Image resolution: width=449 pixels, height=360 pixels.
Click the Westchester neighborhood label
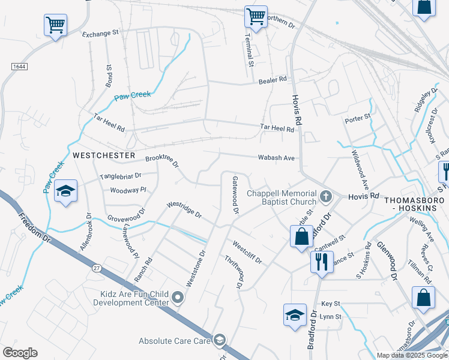coord(104,155)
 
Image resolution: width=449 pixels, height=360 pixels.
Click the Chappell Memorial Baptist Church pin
coord(325,196)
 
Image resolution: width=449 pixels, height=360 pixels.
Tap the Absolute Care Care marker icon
coord(219,341)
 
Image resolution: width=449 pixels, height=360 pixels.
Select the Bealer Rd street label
coord(273,80)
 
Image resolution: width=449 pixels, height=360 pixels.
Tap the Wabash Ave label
coord(276,158)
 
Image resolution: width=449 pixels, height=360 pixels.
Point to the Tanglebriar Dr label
coord(120,176)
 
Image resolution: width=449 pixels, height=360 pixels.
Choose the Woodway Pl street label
coord(128,190)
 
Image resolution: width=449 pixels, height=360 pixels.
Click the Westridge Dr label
coord(184,209)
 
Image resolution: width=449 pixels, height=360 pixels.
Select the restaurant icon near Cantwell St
coord(322,262)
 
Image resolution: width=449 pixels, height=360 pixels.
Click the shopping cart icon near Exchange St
coord(55,25)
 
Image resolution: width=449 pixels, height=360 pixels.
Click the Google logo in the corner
coord(20,353)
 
